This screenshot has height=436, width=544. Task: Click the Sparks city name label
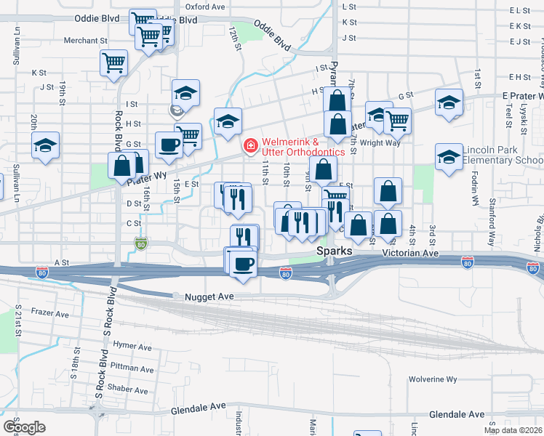[334, 251]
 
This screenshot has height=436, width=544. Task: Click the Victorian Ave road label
[412, 254]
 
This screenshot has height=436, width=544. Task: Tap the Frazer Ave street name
[50, 315]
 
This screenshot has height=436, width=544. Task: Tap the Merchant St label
[85, 41]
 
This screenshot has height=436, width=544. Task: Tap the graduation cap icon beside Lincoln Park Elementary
[449, 156]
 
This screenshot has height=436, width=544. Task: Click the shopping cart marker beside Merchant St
[113, 62]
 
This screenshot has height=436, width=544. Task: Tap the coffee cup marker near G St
[169, 144]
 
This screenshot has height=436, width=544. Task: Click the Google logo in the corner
[24, 427]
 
